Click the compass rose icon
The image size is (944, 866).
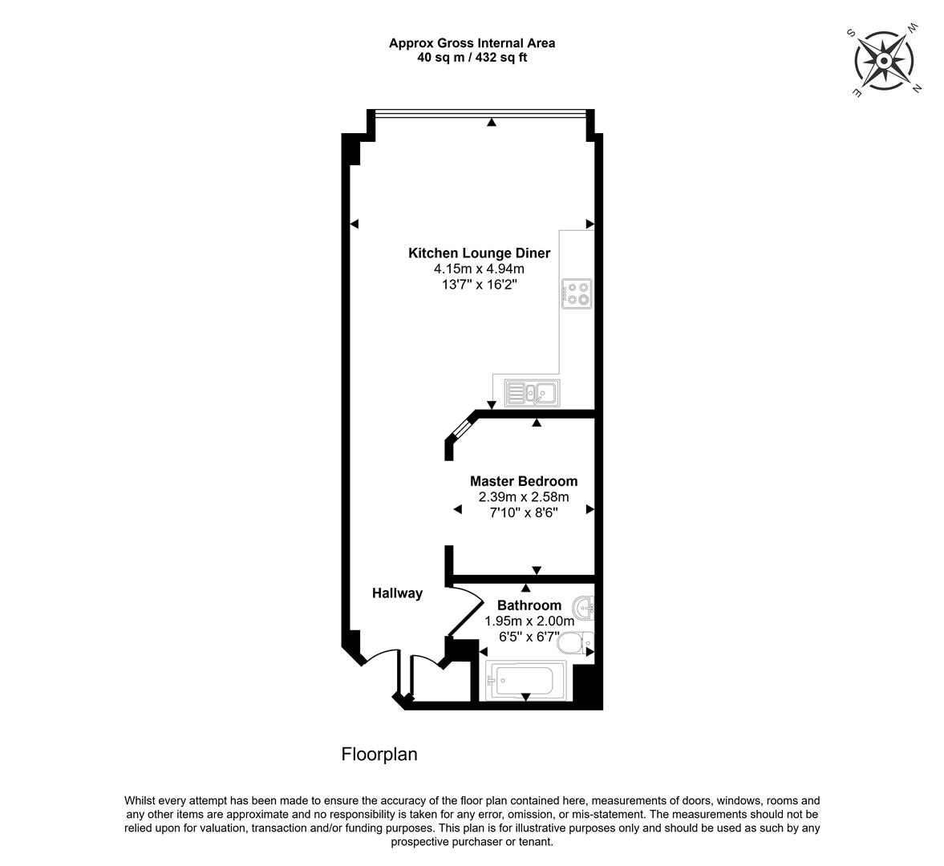click(885, 61)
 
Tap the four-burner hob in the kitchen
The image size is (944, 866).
click(577, 294)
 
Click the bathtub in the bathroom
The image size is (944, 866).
click(525, 681)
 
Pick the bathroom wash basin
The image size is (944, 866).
click(583, 608)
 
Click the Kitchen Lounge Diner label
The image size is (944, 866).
click(480, 253)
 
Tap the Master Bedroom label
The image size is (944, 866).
click(524, 481)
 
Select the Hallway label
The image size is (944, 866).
click(397, 593)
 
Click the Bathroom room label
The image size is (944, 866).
click(529, 605)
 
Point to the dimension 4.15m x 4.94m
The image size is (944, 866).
click(480, 269)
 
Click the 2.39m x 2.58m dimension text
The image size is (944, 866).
click(524, 497)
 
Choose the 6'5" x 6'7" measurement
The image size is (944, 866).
click(529, 637)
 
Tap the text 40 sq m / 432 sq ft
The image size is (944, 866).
click(472, 58)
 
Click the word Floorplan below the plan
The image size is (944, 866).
click(379, 754)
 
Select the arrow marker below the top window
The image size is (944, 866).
click(492, 122)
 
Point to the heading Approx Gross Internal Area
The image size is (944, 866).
click(472, 43)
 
